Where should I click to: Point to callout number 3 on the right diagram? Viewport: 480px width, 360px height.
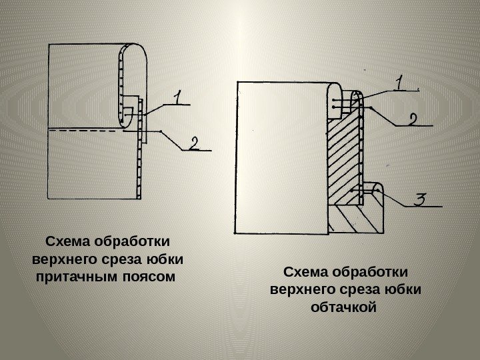pos(420,199)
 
